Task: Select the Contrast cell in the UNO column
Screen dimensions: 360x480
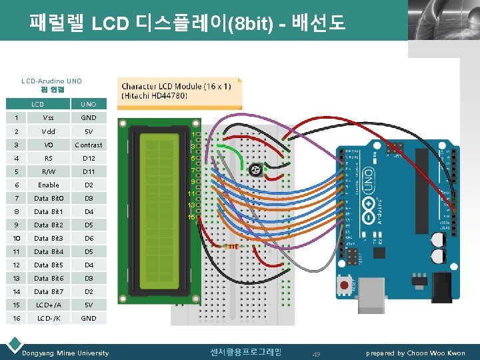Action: point(89,145)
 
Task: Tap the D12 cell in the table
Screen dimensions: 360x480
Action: point(89,158)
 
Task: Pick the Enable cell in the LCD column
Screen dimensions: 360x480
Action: point(48,185)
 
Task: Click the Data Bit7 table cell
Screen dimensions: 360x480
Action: point(48,291)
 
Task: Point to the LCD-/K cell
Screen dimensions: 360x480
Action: point(48,318)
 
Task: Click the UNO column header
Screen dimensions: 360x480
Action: point(89,104)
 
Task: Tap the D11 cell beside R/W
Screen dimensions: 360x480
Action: point(89,171)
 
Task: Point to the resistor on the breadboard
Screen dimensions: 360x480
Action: point(233,246)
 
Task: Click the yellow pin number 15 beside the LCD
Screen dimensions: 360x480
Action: point(191,217)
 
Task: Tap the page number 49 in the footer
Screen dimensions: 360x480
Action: point(317,353)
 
